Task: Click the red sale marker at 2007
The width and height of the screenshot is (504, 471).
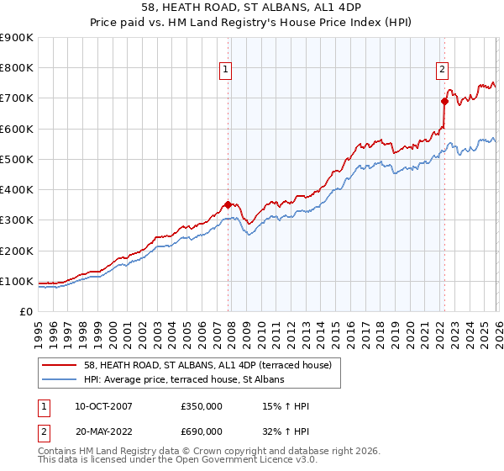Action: click(228, 204)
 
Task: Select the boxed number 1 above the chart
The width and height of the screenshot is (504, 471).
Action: click(227, 71)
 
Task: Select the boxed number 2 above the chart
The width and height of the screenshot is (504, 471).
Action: click(443, 71)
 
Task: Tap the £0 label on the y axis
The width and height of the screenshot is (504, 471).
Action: click(25, 311)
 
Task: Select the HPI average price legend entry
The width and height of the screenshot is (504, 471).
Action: click(184, 380)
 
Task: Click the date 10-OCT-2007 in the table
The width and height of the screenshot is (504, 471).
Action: click(97, 406)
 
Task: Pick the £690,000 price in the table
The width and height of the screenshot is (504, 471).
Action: click(202, 431)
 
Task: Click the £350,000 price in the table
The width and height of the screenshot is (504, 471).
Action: click(202, 406)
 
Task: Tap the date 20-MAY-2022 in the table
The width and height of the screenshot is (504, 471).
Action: click(97, 431)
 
